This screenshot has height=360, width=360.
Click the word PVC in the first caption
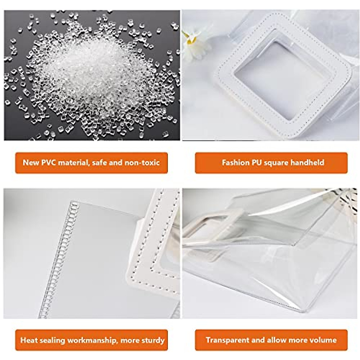pyautogui.click(x=50, y=163)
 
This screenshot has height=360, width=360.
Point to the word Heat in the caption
pyautogui.click(x=28, y=340)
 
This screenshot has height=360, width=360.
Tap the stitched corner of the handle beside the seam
pyautogui.click(x=138, y=270)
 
